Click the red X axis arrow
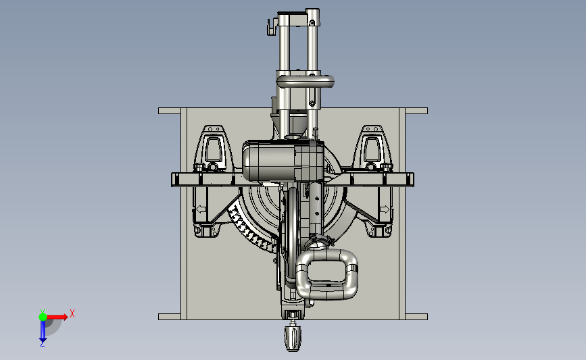pos(56,317)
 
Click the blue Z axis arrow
pos(43,331)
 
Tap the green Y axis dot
pos(43,317)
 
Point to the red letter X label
pos(72,313)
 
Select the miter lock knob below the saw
pos(293,338)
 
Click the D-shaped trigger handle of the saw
pos(326,274)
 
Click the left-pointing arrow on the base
pos(201,209)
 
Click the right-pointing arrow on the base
pos(385,209)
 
